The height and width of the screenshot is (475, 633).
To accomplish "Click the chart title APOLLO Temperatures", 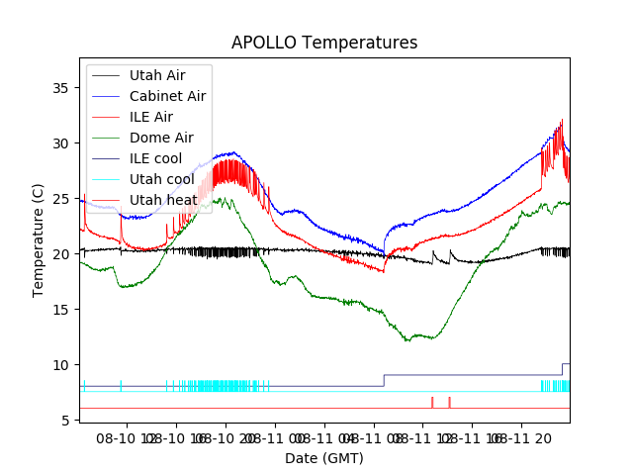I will [x=324, y=43].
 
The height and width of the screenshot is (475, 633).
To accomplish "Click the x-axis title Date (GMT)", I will [x=324, y=458].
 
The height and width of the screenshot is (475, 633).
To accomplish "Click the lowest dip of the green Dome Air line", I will [x=407, y=340].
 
